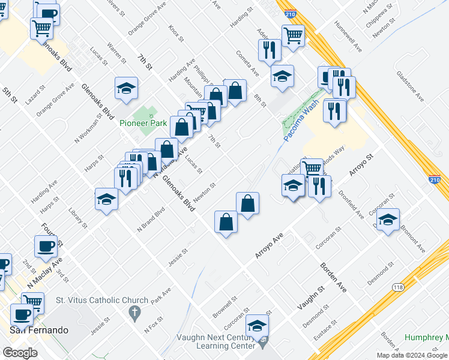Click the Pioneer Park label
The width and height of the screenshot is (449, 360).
coord(143,123)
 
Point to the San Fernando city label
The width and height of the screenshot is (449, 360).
coord(39,330)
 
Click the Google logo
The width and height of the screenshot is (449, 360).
coord(20,353)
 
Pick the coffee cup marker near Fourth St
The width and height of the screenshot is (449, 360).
coord(47,245)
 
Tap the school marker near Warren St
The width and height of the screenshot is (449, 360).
coord(127,88)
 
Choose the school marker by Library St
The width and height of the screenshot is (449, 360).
coord(106,199)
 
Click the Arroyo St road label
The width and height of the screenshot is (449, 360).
coord(362,163)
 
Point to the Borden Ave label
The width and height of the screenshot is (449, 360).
coord(333,277)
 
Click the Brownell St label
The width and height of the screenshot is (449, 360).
coord(225,306)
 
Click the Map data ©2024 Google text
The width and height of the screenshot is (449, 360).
coord(412,355)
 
